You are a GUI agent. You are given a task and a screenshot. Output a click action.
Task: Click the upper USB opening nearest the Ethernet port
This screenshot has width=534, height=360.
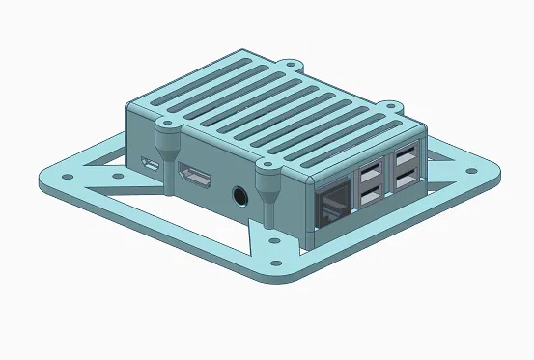click(369, 176)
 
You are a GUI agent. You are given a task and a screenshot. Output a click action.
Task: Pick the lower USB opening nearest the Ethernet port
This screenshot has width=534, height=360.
click(369, 199)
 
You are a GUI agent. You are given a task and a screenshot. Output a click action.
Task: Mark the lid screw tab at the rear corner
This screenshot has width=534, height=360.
click(293, 66)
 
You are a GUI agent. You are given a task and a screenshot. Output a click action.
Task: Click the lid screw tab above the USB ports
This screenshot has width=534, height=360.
click(392, 101)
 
